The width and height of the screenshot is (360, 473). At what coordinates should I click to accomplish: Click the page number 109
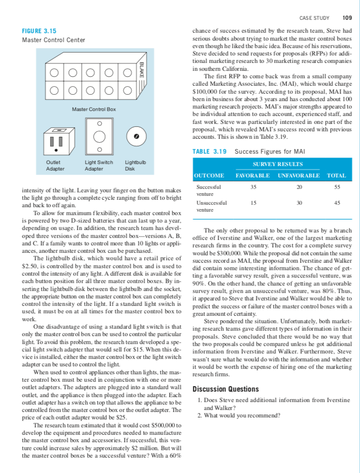pyautogui.click(x=347, y=18)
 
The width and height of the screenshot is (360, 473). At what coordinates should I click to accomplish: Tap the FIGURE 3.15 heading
pyautogui.click(x=39, y=31)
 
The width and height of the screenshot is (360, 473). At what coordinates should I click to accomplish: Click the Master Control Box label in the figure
pyautogui.click(x=94, y=109)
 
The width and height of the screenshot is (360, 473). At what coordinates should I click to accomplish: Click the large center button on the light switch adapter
pyautogui.click(x=99, y=136)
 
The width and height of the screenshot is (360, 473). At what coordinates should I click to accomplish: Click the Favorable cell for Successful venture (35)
pyautogui.click(x=254, y=187)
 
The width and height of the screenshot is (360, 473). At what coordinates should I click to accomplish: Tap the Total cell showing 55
pyautogui.click(x=337, y=187)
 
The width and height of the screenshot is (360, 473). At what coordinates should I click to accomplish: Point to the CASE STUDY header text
pyautogui.click(x=315, y=18)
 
